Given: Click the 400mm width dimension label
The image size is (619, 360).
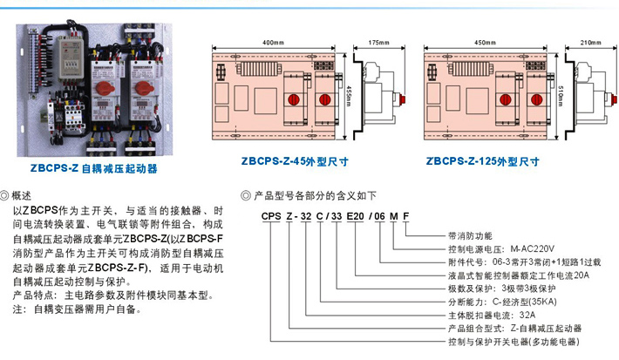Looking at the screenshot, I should [x=273, y=42].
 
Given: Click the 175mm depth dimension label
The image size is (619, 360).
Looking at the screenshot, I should [x=378, y=42].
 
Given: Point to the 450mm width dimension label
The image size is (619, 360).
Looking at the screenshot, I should [x=483, y=42].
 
